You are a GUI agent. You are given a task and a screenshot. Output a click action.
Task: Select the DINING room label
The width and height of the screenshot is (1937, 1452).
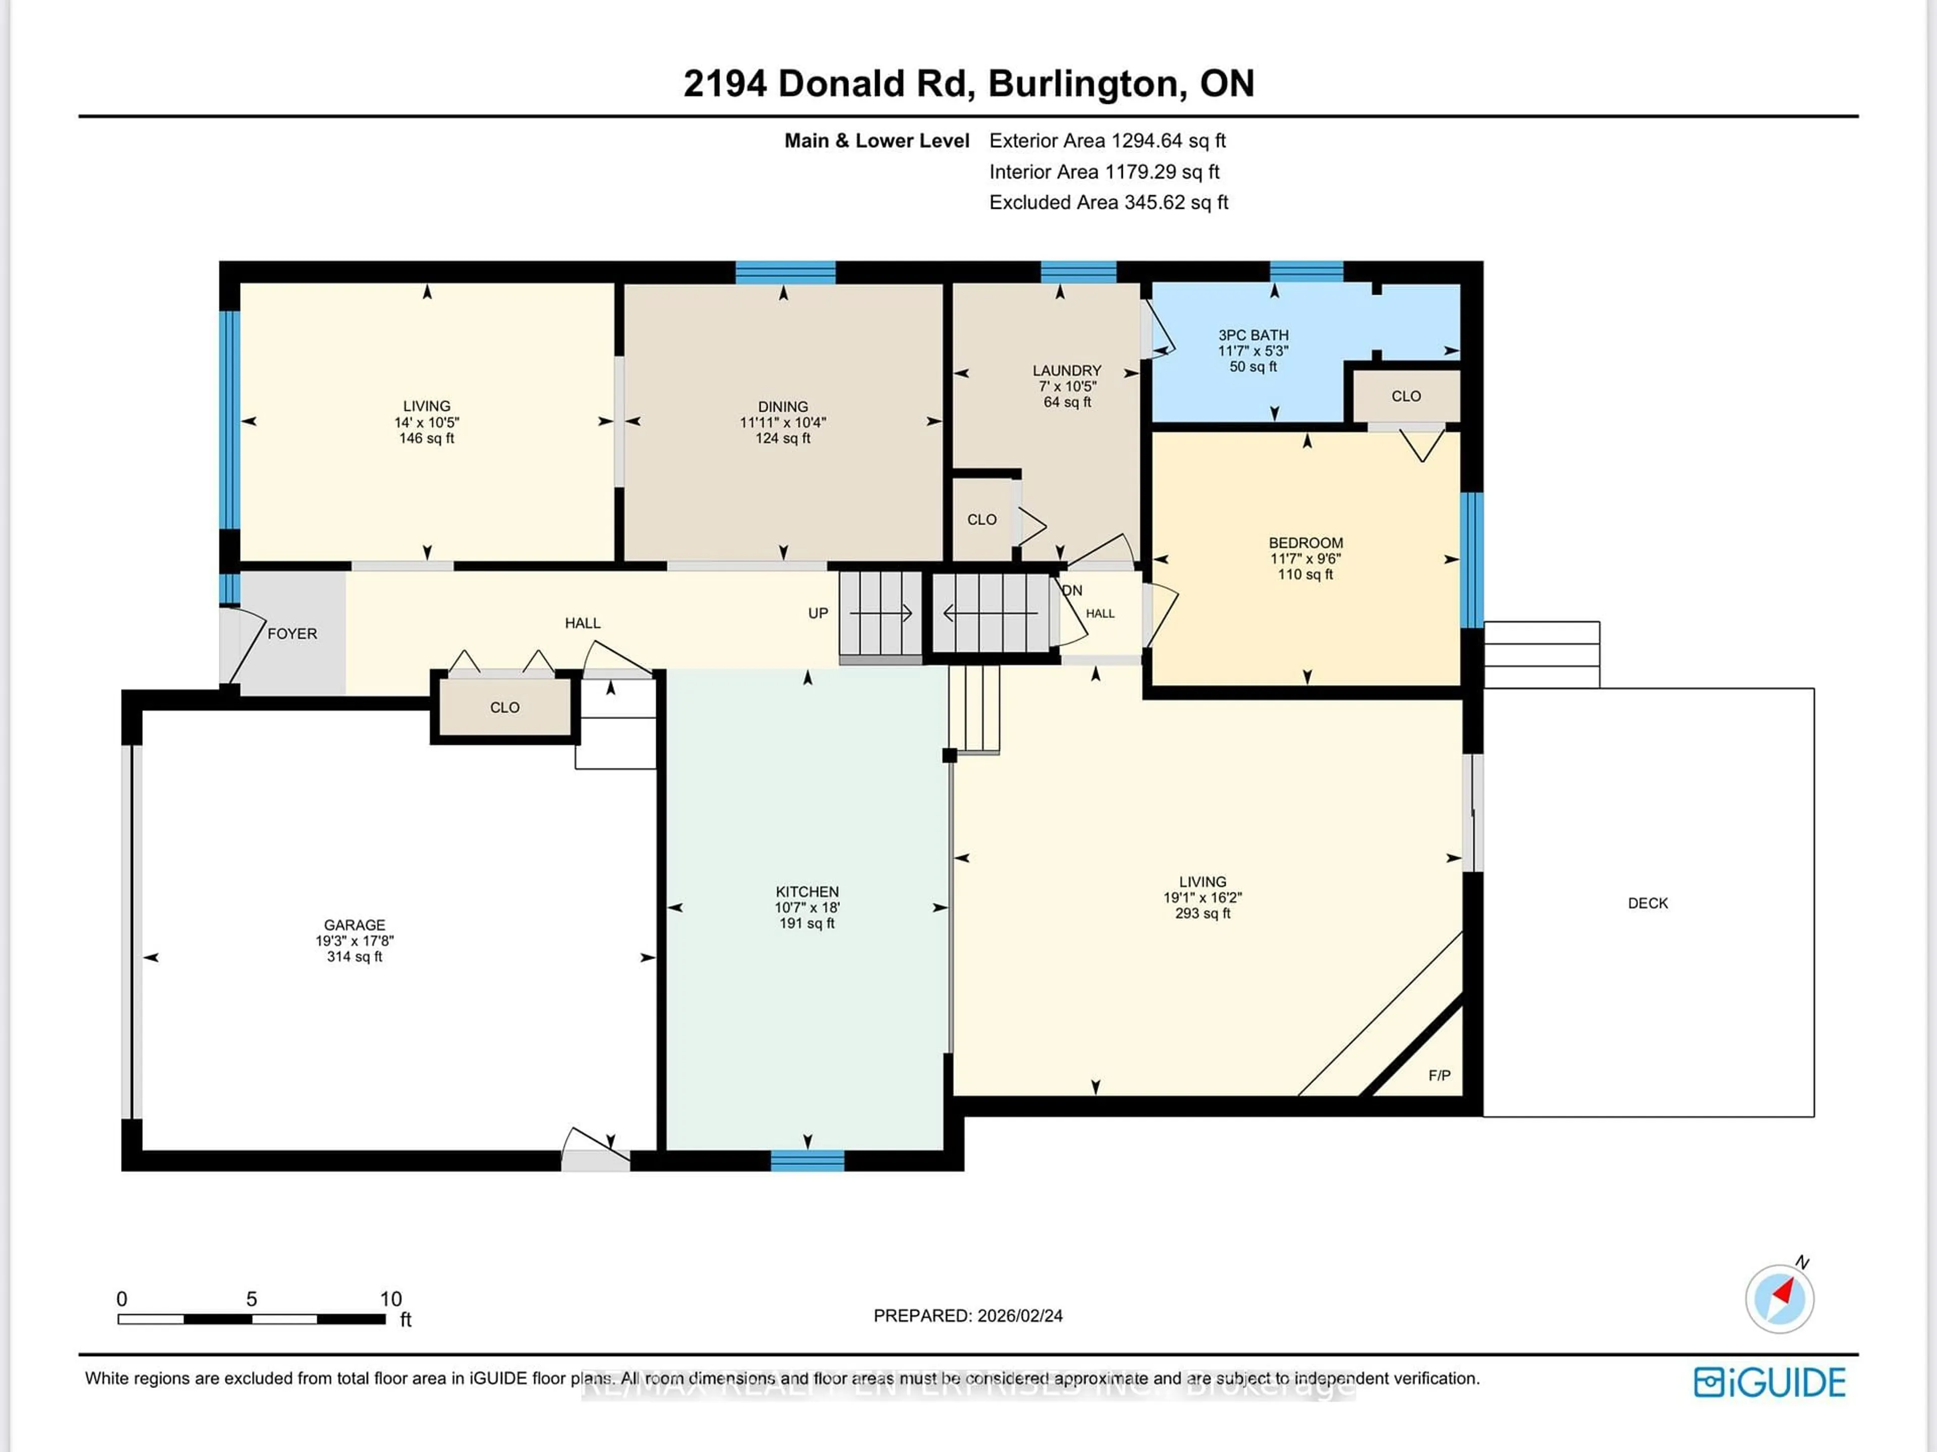coord(783,406)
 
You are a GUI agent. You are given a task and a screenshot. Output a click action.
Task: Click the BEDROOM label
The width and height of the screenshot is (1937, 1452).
coord(1305,543)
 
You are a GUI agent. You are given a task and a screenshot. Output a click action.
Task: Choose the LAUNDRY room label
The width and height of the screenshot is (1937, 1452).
coord(1066,370)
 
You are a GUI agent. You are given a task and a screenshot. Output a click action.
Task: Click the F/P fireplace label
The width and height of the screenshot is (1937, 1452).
coord(1439,1076)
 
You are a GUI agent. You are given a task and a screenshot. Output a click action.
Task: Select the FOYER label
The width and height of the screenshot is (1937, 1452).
coord(292,633)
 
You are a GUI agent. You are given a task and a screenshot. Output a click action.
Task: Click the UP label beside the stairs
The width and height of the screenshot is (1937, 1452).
coord(817,613)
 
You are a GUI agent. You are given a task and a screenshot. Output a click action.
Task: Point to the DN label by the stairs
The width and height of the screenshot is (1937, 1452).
coord(1073,590)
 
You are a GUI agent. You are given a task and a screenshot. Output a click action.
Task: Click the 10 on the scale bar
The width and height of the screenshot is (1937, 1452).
coord(390,1299)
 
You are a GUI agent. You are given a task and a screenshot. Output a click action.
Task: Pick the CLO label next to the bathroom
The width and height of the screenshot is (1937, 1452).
coord(1405,396)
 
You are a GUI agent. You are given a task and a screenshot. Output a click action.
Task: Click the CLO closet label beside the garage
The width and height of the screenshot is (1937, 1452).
coord(504,707)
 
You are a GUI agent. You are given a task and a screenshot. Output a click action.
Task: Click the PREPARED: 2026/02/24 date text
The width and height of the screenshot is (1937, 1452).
coord(967,1315)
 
